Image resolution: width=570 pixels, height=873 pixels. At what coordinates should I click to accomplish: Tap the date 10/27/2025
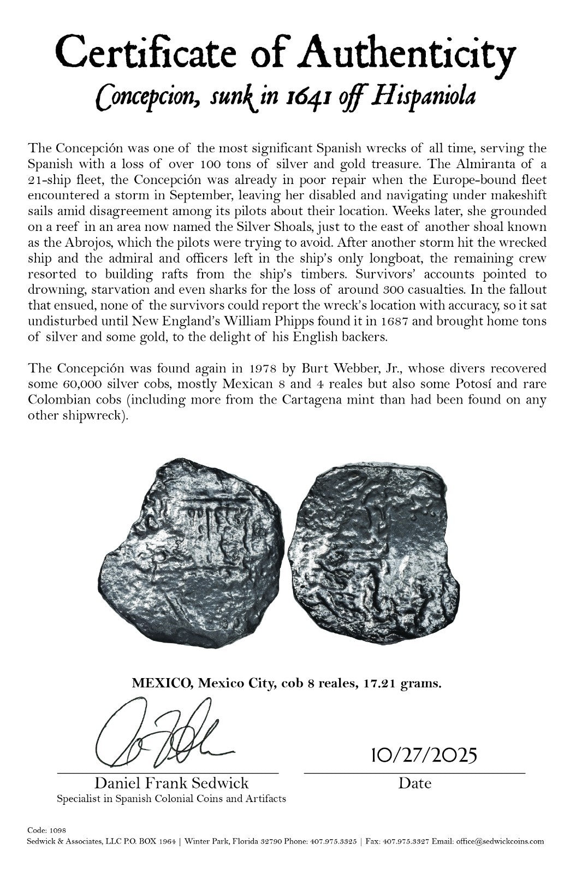(x=424, y=756)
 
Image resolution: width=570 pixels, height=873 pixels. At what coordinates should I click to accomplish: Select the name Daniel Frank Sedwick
(x=171, y=783)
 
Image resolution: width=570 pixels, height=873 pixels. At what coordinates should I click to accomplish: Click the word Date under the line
(x=414, y=783)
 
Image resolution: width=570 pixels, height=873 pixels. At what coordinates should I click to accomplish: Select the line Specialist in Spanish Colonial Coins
(x=171, y=799)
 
